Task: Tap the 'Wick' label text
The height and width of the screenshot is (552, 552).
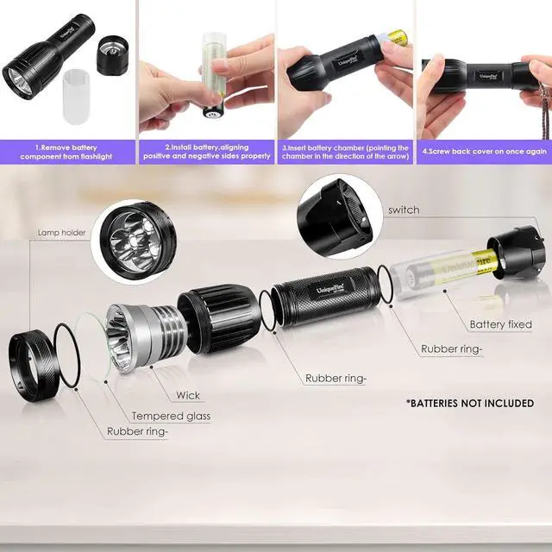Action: click(x=187, y=396)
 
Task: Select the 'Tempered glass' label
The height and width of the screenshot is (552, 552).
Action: click(x=171, y=416)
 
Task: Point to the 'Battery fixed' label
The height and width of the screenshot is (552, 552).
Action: click(x=500, y=324)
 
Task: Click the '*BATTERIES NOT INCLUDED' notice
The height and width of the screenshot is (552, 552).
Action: click(x=469, y=403)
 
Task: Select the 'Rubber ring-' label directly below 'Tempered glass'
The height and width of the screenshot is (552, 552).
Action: click(x=138, y=430)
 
